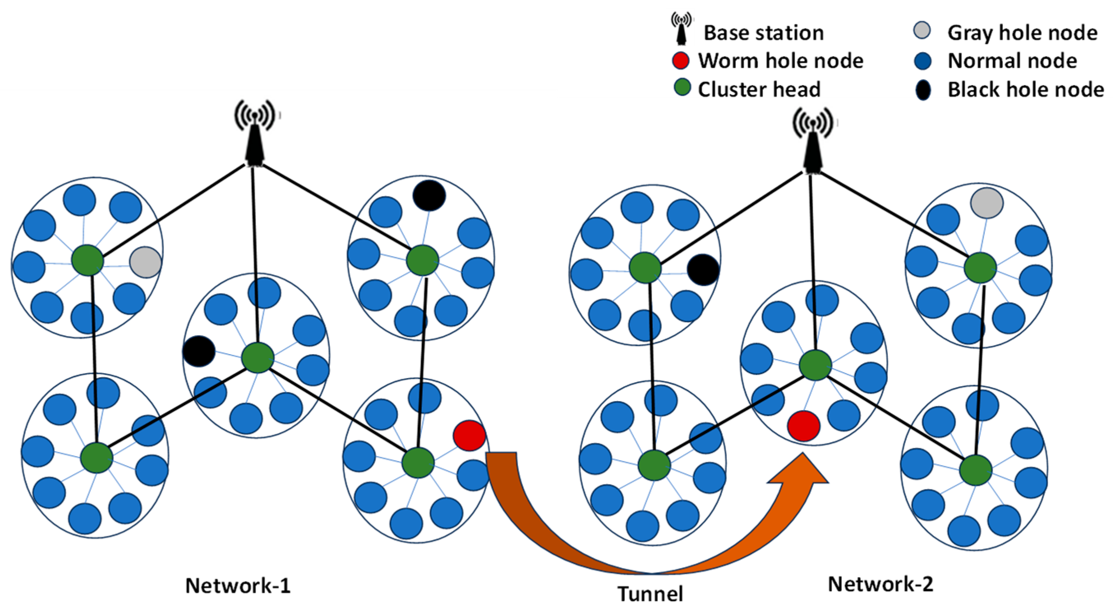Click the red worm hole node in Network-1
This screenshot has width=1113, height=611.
469,436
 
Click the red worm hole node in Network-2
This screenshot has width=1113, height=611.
804,426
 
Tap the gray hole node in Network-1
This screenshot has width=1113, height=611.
145,262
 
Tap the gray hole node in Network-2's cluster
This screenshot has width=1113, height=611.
987,203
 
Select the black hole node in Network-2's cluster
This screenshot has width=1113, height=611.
703,270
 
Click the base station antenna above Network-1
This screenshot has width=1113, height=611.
255,134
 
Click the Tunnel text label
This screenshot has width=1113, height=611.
650,594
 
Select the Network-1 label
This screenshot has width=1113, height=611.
238,586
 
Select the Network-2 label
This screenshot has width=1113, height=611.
880,584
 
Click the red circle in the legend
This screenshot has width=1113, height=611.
680,60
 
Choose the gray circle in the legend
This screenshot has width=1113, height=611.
922,31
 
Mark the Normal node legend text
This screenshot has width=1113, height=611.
1012,60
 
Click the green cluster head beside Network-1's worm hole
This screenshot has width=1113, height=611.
418,462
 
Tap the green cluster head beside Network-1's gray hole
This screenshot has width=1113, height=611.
87,260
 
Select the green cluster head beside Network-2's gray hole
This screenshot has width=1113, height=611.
980,267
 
